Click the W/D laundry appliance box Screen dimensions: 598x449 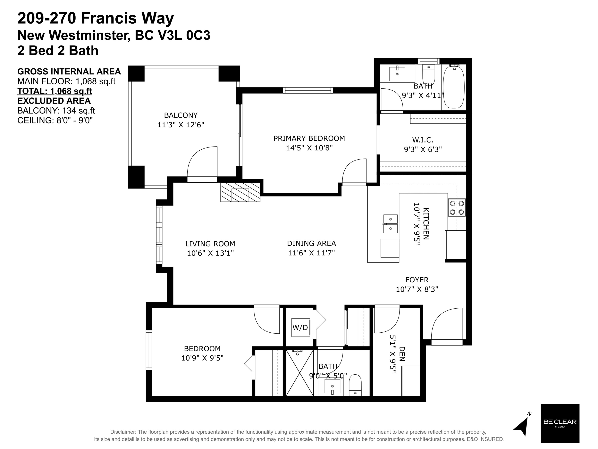tap(301, 327)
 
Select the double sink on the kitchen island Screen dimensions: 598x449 tap(390, 224)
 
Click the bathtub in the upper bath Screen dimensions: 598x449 tap(454, 87)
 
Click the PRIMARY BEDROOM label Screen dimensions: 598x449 tap(309, 138)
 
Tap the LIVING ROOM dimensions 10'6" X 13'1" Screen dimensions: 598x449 tap(210, 253)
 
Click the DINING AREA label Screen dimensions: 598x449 tap(311, 243)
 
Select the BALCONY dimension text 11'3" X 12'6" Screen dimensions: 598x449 tap(181, 125)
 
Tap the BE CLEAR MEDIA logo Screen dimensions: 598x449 tap(560, 423)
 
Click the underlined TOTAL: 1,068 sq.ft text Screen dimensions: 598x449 tap(55, 91)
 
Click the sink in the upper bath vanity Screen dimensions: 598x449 tap(397, 74)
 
